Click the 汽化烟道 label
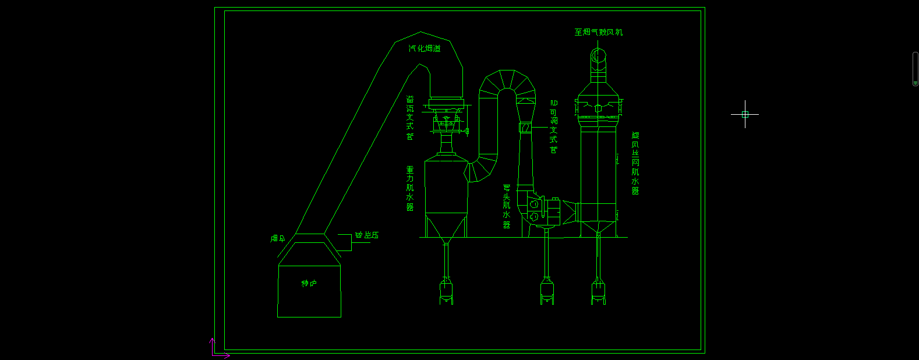424,49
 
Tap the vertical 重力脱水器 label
410,189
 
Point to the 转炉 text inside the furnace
309,284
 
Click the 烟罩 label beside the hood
278,238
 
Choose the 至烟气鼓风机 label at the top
598,33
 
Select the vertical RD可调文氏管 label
553,126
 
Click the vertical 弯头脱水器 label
507,206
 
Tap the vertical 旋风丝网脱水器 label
635,163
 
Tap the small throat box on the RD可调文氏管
525,128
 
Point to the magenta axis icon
217,349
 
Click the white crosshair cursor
745,114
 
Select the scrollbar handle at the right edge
916,69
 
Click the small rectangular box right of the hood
344,242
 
